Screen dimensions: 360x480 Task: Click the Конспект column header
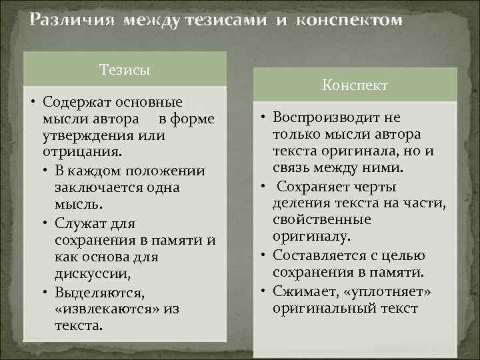[355, 86]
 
